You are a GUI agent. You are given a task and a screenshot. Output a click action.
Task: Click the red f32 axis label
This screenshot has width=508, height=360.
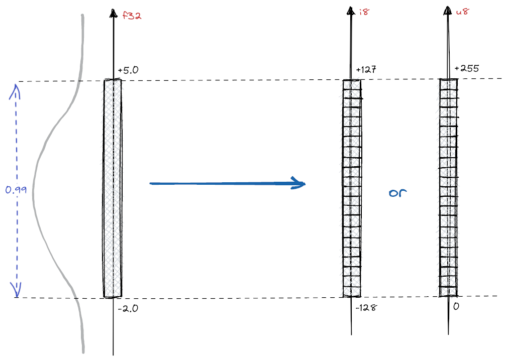tap(132, 16)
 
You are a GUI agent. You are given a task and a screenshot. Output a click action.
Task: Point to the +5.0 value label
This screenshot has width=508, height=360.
tap(128, 71)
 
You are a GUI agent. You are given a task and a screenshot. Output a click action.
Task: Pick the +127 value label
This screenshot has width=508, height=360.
tap(366, 70)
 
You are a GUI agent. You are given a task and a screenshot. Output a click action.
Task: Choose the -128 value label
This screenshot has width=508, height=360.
tap(366, 307)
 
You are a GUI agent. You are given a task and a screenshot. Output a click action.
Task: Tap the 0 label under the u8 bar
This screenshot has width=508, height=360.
tap(456, 306)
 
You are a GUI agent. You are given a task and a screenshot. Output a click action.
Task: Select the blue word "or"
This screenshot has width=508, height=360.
tap(397, 193)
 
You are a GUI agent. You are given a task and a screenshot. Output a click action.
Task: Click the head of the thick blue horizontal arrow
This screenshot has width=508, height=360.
tap(300, 183)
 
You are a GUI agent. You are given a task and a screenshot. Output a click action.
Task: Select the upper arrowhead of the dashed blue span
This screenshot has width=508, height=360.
tap(16, 88)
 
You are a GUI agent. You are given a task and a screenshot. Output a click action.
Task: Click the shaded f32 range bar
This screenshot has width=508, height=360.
tap(113, 188)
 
